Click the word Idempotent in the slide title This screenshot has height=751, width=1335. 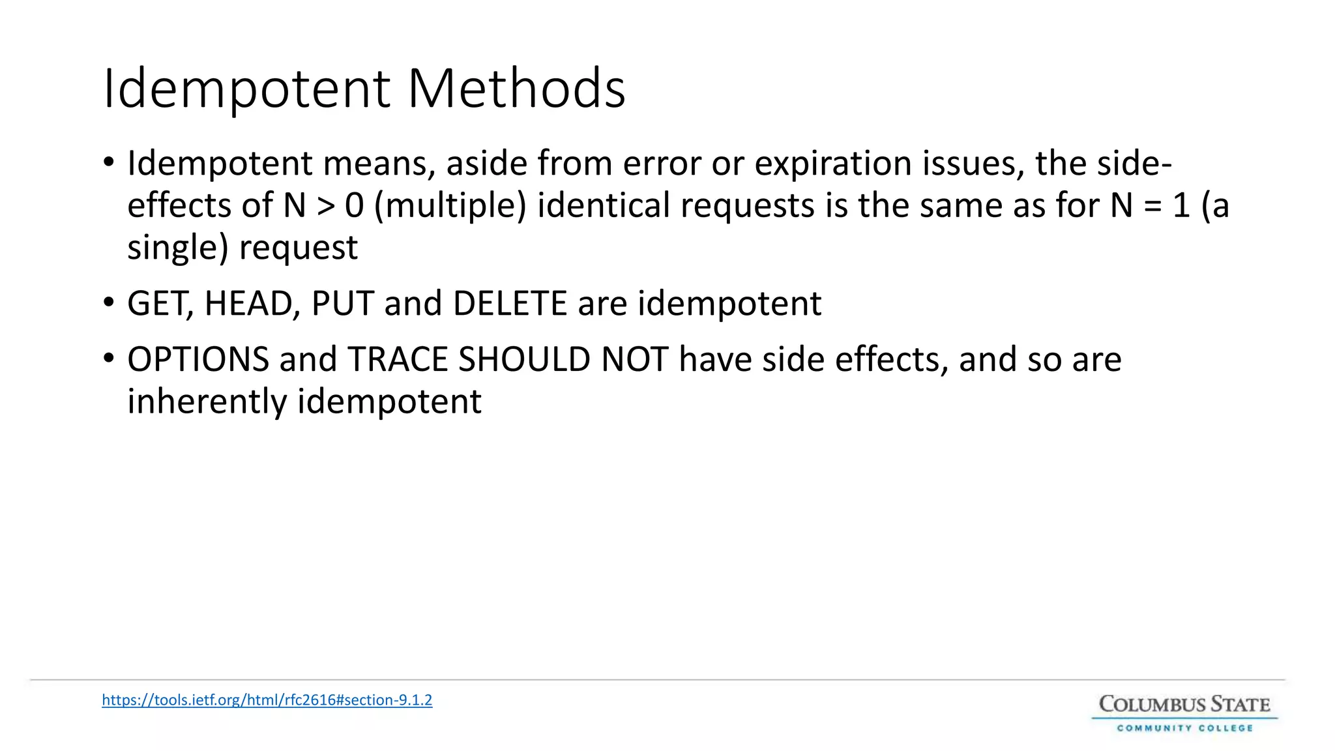click(x=246, y=89)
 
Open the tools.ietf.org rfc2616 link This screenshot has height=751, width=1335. click(x=267, y=700)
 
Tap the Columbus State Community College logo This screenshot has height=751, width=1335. click(x=1184, y=714)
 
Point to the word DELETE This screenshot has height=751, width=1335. click(x=510, y=304)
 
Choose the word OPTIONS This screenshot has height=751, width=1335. click(x=198, y=359)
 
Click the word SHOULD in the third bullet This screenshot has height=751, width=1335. click(x=524, y=359)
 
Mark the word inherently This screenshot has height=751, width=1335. click(x=207, y=402)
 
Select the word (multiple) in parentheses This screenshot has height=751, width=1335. click(x=450, y=206)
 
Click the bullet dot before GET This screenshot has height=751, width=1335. click(x=109, y=302)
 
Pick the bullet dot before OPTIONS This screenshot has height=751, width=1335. click(x=109, y=358)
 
